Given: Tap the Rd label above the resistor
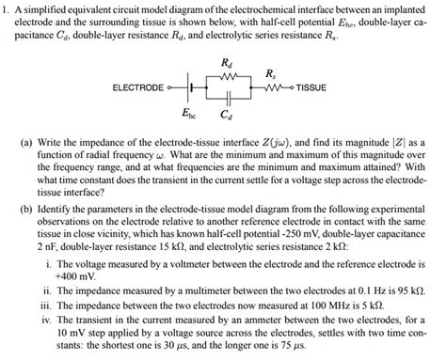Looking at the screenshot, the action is (224, 63).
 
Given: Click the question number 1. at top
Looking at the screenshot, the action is (7, 8).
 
